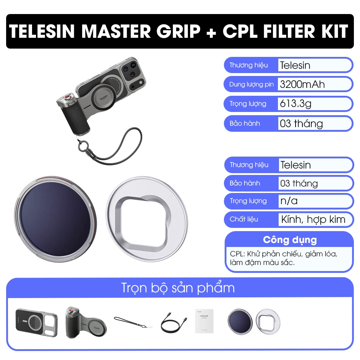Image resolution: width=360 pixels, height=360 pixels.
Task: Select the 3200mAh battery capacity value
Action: pos(302,85)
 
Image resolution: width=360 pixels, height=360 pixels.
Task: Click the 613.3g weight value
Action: pos(296,104)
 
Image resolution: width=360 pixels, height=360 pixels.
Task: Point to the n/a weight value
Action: pos(289,201)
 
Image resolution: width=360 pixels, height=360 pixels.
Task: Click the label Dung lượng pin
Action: pos(251,85)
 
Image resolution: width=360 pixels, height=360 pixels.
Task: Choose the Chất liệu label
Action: pos(244,219)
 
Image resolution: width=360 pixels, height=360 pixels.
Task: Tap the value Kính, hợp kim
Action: pos(313,220)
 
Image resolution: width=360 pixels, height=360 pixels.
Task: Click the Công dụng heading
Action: pos(290,240)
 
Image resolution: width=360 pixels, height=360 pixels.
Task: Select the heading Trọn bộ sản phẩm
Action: pos(178,288)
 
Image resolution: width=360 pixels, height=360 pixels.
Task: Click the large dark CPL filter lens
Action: pos(55,220)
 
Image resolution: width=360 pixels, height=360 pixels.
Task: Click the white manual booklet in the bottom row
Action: pos(204,321)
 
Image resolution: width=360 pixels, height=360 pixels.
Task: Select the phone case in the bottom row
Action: pos(36,323)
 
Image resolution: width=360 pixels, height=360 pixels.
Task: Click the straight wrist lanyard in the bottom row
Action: pos(133,322)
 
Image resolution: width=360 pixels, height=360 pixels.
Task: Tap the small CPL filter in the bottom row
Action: pos(240,321)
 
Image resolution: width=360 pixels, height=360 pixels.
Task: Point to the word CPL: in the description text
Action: pos(238,254)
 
